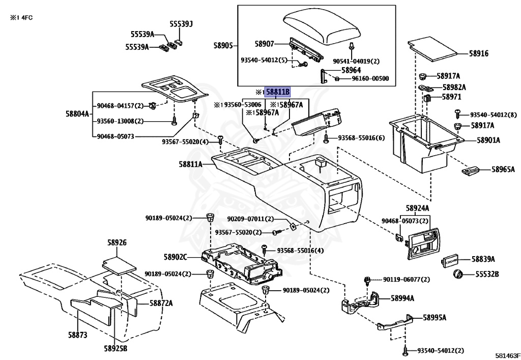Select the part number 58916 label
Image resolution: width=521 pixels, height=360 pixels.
[478, 53]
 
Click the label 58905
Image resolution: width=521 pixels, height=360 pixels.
[223, 46]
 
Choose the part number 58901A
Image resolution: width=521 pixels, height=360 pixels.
[488, 140]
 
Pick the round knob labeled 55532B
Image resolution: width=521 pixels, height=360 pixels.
[458, 274]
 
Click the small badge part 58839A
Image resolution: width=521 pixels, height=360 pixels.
[450, 261]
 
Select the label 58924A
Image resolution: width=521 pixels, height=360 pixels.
[417, 208]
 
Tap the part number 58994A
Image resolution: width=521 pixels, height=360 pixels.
[402, 298]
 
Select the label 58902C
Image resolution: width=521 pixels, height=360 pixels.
[176, 257]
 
